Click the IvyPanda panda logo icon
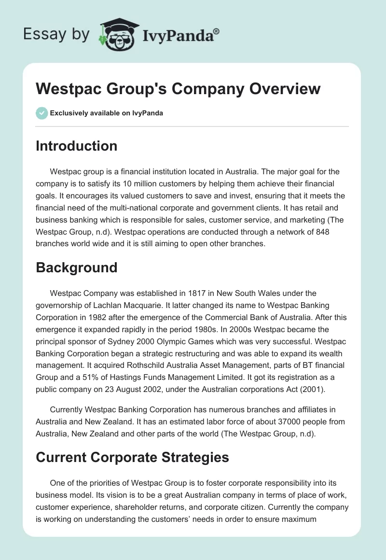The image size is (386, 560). [x=118, y=34]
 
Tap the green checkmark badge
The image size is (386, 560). [x=41, y=113]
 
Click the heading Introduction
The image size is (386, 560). [x=76, y=146]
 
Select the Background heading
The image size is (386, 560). [x=76, y=267]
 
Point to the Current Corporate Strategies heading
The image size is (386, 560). [x=132, y=458]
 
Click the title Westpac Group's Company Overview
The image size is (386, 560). [x=178, y=89]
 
